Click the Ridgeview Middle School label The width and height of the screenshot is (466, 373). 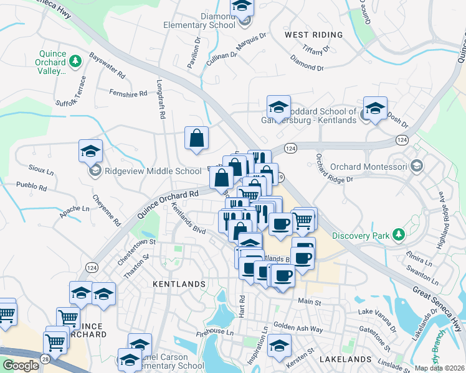tap(153, 171)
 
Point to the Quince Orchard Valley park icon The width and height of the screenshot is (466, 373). tap(75, 61)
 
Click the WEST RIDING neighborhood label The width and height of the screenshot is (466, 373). tap(313, 35)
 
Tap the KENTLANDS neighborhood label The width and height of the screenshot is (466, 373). tap(179, 284)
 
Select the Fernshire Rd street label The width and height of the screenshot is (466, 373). tap(128, 93)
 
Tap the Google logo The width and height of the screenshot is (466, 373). tap(21, 366)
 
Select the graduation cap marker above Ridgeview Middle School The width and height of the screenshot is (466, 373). tap(90, 151)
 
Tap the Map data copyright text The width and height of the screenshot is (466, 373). tap(439, 368)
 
